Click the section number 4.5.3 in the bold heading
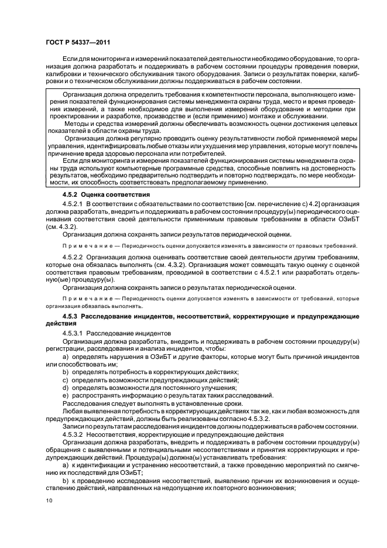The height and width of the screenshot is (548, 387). (x=70, y=316)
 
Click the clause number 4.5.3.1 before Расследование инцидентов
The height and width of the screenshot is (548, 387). (x=73, y=333)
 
